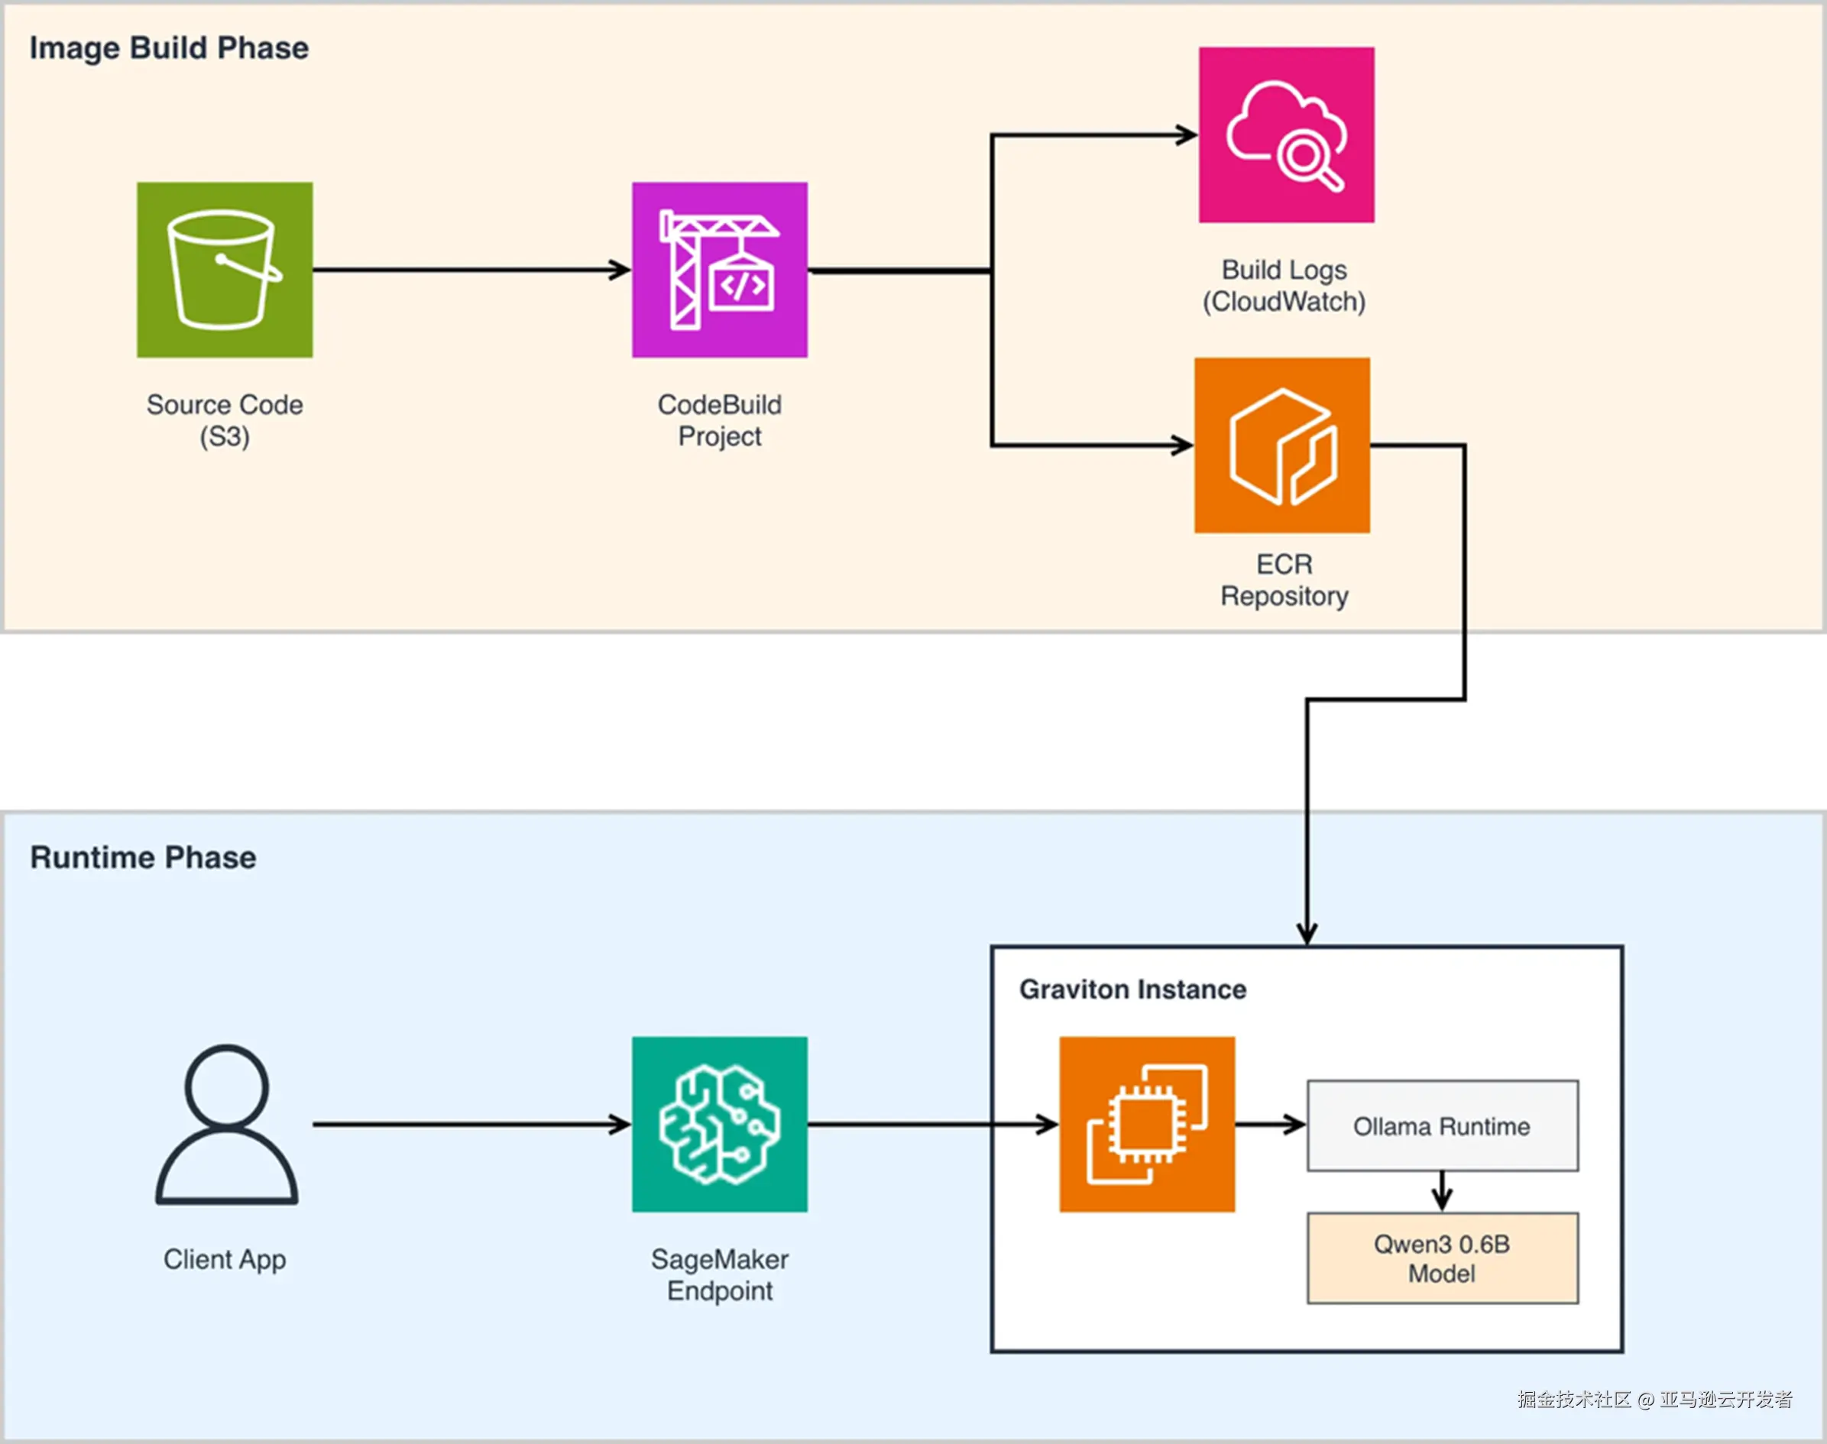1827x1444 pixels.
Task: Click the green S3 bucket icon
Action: [x=225, y=270]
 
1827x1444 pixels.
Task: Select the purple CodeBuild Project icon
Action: [x=720, y=270]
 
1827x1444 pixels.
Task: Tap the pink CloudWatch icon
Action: [x=1286, y=135]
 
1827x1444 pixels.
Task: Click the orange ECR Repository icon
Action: [x=1281, y=445]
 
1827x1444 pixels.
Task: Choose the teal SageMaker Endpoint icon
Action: [x=720, y=1125]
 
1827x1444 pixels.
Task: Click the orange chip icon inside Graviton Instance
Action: [x=1146, y=1125]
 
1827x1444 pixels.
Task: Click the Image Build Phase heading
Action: [x=169, y=48]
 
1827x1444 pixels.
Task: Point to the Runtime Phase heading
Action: [x=143, y=857]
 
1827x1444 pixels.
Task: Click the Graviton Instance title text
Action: [x=1132, y=989]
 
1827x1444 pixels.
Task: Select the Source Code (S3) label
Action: [x=225, y=420]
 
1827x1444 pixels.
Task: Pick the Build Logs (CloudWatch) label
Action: [x=1284, y=286]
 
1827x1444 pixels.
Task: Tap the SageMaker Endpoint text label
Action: [x=720, y=1275]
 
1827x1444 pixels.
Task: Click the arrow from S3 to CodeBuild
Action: [x=471, y=270]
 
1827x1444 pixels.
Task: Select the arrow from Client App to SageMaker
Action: [x=471, y=1125]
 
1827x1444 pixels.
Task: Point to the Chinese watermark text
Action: [x=1654, y=1400]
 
